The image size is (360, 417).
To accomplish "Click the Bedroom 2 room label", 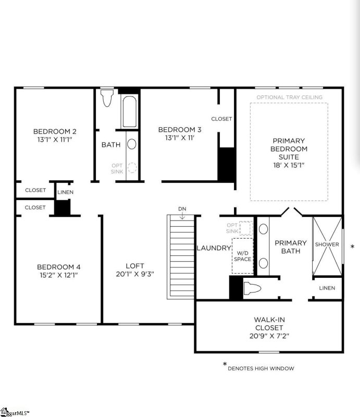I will tap(55, 131).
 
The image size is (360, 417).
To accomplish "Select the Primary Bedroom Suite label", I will tap(289, 149).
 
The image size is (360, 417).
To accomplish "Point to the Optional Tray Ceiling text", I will tap(289, 97).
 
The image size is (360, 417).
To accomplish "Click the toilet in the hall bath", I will tap(107, 97).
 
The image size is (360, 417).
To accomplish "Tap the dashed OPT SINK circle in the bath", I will tap(132, 168).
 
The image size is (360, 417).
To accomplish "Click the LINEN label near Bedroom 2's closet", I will tap(65, 192).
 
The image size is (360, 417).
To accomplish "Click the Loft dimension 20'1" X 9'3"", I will tap(134, 274).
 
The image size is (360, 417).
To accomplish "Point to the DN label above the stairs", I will tap(182, 209).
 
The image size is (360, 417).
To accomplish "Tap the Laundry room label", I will tap(213, 248).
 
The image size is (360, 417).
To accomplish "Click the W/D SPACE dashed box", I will tap(242, 255).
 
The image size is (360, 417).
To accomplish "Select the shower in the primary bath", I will tap(327, 244).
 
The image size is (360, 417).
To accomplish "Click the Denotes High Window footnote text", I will tap(260, 369).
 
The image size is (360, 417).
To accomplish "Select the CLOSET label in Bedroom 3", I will tap(221, 119).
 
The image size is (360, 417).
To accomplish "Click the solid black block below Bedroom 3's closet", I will tap(226, 164).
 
